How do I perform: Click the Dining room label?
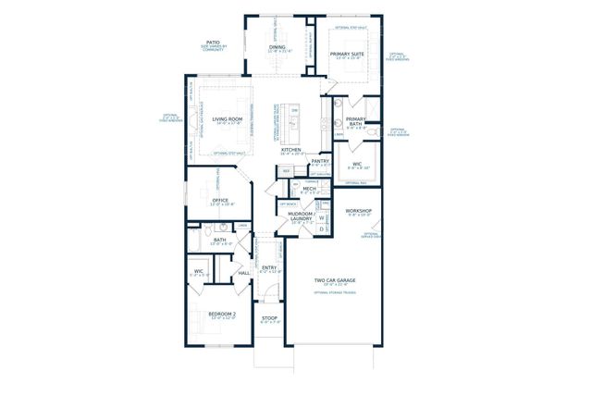pos(277,47)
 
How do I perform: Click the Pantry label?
pos(320,161)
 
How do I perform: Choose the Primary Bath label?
pos(355,122)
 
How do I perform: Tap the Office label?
pos(220,201)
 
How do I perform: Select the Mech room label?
pos(309,190)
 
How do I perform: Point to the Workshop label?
pos(358,212)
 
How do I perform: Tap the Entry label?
pos(267,269)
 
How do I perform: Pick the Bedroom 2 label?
pos(221,315)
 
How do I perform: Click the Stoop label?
pos(268,319)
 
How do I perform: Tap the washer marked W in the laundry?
pos(321,218)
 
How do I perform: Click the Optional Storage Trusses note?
pos(335,292)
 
